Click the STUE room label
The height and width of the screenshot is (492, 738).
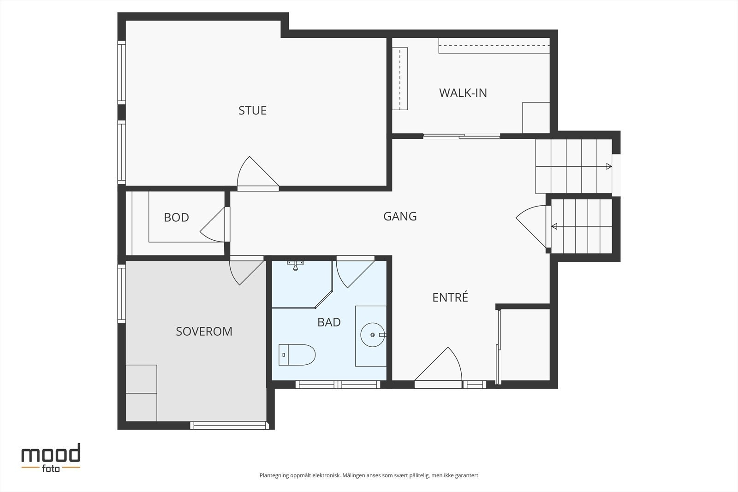click(x=252, y=110)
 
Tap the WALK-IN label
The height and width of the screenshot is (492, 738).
click(x=463, y=93)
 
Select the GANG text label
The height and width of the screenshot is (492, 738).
click(x=400, y=216)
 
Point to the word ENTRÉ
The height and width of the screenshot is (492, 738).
click(x=450, y=297)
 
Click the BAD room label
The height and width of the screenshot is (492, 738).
click(x=329, y=322)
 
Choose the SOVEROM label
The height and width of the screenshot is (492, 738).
click(x=204, y=331)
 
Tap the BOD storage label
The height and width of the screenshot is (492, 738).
click(x=176, y=217)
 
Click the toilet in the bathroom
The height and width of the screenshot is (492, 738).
click(x=297, y=355)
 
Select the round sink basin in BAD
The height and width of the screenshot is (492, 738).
click(x=373, y=335)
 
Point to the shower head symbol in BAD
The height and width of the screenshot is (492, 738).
click(x=296, y=265)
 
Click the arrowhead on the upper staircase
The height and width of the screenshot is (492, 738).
click(x=609, y=166)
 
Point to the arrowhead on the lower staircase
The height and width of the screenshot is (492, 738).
click(x=554, y=226)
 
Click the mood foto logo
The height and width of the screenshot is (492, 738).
click(x=51, y=458)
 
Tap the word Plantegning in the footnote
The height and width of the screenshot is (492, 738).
click(x=274, y=475)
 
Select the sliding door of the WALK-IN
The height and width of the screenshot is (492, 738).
click(x=462, y=136)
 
